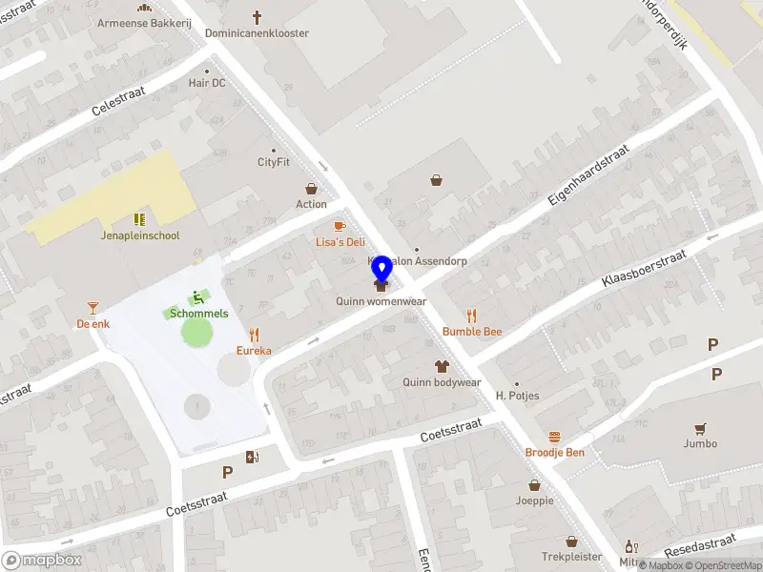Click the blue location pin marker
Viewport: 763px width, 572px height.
(381, 270)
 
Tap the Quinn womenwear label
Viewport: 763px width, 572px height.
(381, 301)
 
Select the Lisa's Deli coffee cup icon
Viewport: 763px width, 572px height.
(339, 226)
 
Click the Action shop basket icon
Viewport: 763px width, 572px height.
(311, 189)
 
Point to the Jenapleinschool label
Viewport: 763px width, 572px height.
(140, 235)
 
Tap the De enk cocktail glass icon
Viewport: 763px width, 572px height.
(93, 308)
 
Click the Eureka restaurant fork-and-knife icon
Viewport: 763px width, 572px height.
(254, 335)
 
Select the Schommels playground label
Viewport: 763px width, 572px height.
(198, 313)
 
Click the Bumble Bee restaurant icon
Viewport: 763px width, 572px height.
(471, 316)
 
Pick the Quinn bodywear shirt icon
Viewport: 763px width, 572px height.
(442, 366)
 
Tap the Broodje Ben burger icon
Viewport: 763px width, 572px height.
(554, 437)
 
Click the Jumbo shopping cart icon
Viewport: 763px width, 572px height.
(700, 428)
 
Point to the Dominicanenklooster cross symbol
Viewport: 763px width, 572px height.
(257, 17)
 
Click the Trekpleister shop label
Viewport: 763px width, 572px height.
(572, 556)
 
